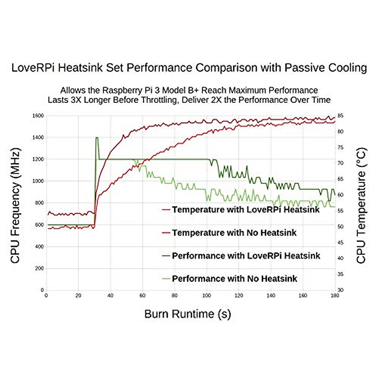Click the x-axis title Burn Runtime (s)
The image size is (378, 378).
pos(188,314)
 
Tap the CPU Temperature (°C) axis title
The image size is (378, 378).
pos(361,206)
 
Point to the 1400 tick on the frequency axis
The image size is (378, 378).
pos(38,138)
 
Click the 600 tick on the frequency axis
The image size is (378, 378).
pos(39,225)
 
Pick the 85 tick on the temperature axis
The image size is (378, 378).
pos(341,116)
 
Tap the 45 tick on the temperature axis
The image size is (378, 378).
pos(341,243)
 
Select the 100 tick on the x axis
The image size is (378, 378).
pos(207,296)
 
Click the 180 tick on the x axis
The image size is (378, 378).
pos(335,296)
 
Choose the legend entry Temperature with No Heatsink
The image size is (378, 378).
pos(234,233)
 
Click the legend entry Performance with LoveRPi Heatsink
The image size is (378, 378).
pos(246,256)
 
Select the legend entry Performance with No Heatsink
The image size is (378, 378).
pos(234,279)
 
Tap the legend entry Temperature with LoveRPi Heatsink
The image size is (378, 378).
pos(246,210)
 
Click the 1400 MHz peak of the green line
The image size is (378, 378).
pos(97,138)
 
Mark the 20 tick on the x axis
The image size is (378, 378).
pos(78,296)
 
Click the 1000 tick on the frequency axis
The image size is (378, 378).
pos(38,181)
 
